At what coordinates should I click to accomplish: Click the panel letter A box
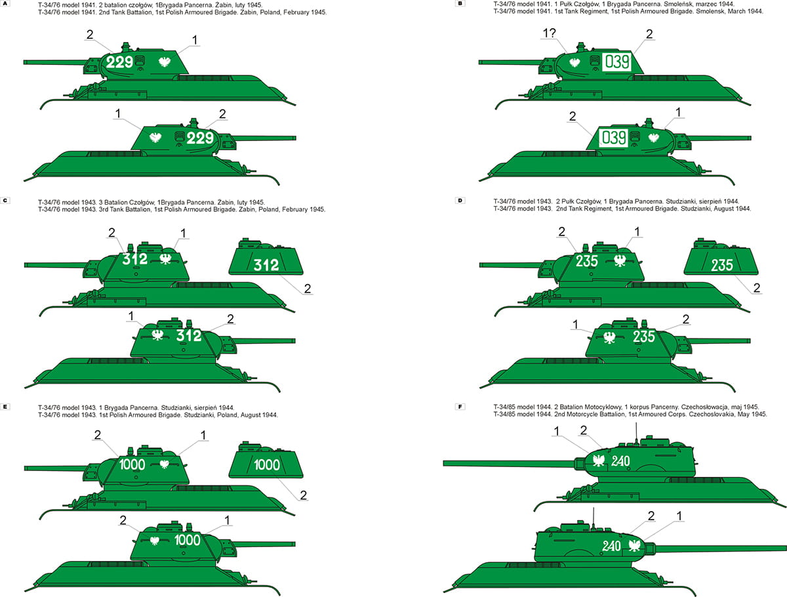[5, 3]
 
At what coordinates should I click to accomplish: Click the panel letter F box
[460, 407]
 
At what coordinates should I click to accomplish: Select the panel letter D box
[460, 201]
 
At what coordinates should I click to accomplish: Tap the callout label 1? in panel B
[549, 33]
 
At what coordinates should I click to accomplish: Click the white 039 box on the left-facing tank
[616, 62]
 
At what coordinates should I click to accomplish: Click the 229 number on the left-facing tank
[120, 62]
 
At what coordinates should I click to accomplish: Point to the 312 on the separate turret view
[266, 265]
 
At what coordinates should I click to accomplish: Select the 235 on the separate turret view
[722, 265]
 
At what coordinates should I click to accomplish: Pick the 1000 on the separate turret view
[267, 465]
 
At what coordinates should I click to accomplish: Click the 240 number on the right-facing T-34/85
[611, 546]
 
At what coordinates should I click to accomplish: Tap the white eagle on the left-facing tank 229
[165, 62]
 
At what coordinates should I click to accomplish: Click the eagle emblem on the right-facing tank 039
[654, 137]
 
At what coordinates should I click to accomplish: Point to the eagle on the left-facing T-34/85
[598, 461]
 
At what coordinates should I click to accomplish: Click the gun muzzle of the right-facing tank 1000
[294, 544]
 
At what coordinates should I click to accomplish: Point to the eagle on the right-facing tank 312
[157, 335]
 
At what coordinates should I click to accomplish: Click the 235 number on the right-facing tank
[643, 337]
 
